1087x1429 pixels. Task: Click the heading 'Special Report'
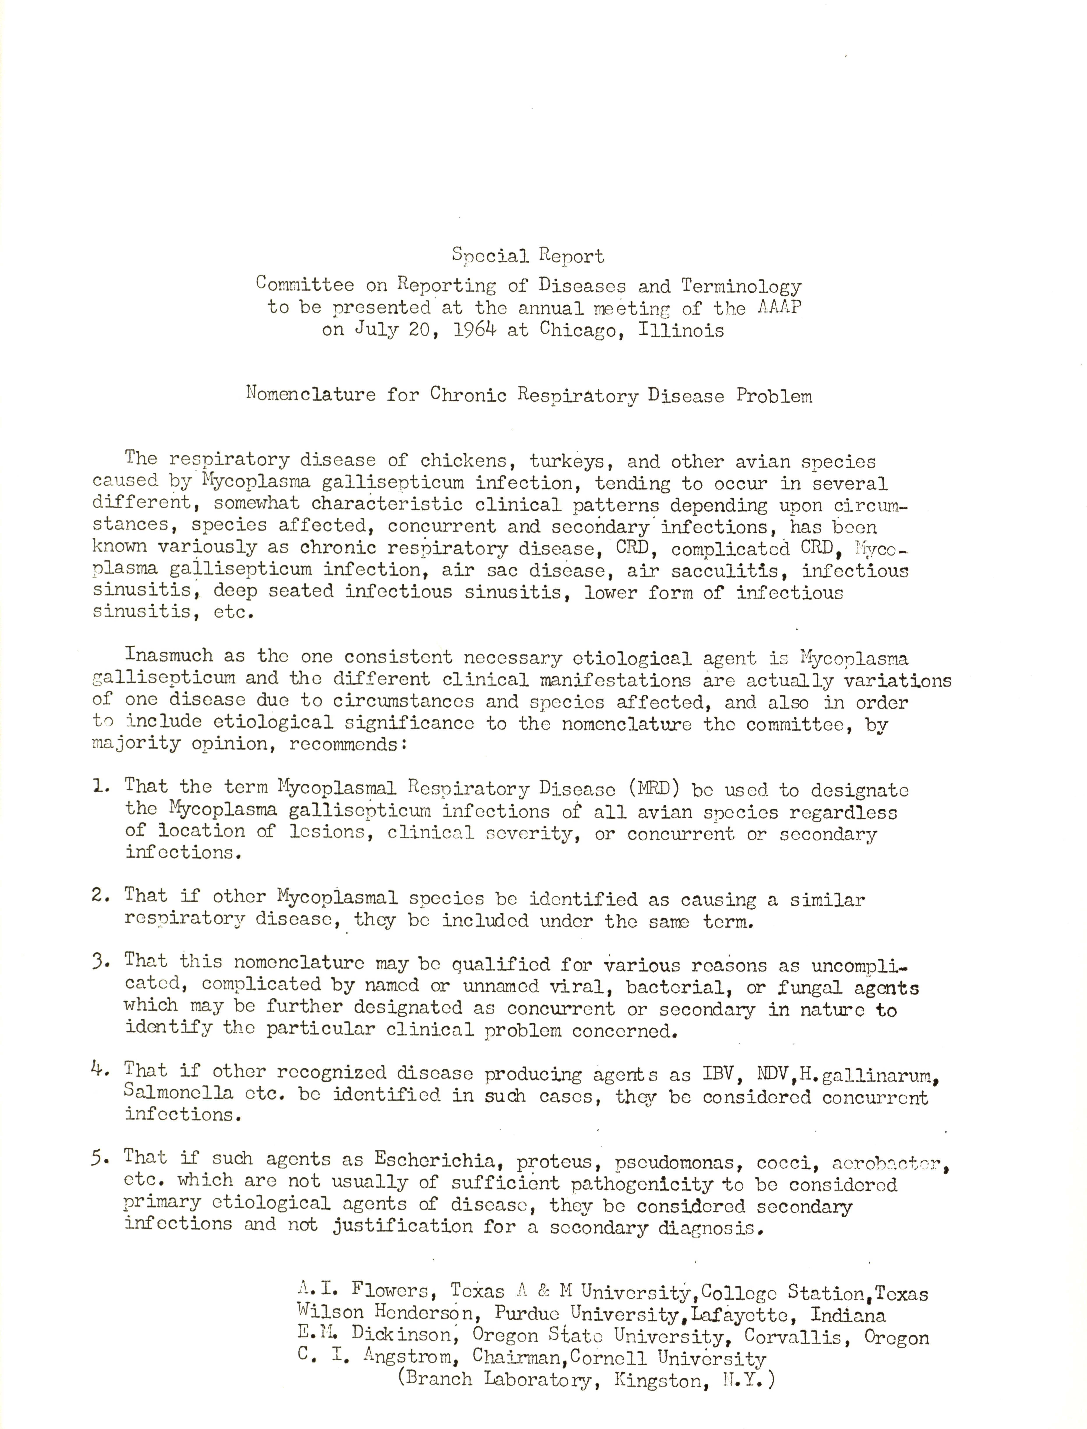(x=528, y=256)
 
